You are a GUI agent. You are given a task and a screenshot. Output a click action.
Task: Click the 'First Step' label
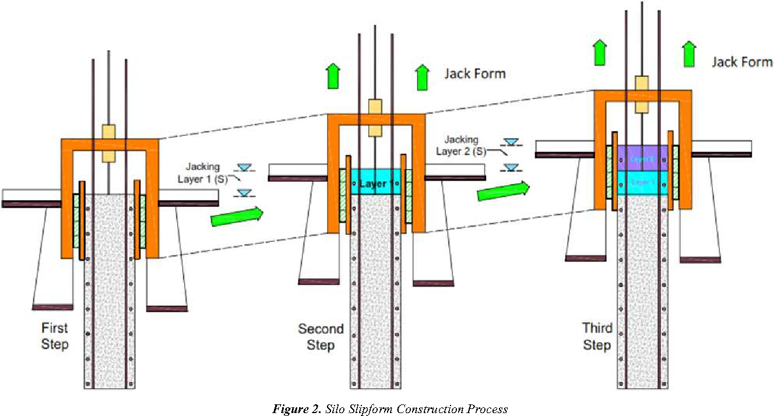(x=55, y=336)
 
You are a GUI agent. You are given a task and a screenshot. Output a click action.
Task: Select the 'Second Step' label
(x=321, y=337)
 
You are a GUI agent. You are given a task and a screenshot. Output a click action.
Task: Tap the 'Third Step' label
(x=597, y=336)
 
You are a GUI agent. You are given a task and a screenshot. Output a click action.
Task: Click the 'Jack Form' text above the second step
(x=474, y=73)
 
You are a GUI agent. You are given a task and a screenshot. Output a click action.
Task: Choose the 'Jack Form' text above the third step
(x=741, y=61)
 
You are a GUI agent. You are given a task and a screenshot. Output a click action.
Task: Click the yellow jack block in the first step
(x=109, y=143)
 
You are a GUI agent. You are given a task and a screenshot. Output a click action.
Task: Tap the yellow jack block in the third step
(x=642, y=94)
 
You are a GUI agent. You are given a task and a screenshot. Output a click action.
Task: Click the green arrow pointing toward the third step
(x=503, y=191)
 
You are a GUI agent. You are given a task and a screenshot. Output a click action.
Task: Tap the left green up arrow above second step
(x=332, y=76)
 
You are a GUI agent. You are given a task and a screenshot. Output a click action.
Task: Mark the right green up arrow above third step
(x=689, y=52)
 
